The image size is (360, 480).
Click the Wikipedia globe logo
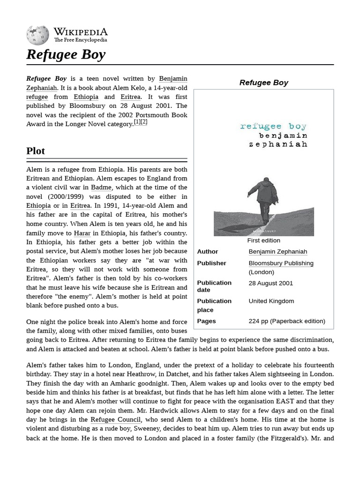[x=37, y=36]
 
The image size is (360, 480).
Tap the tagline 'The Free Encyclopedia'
[x=80, y=40]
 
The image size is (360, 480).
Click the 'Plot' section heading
[x=36, y=151]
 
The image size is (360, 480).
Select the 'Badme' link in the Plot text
[x=101, y=187]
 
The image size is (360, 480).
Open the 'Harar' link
[x=82, y=233]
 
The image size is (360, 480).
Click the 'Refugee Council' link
[x=115, y=420]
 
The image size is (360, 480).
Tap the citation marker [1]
[x=137, y=122]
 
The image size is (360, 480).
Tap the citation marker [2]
[x=144, y=122]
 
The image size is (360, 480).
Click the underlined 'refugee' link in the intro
[x=37, y=97]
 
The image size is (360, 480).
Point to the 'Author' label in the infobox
[x=207, y=252]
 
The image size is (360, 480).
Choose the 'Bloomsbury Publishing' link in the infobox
[x=281, y=263]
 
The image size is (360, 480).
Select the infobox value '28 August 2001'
[x=270, y=283]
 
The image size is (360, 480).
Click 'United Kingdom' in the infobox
[x=271, y=301]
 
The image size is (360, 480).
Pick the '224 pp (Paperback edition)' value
[x=286, y=321]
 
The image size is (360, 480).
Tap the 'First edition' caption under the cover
[x=263, y=240]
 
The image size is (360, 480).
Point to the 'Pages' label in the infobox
[x=206, y=321]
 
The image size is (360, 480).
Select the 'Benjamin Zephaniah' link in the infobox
[x=277, y=252]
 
